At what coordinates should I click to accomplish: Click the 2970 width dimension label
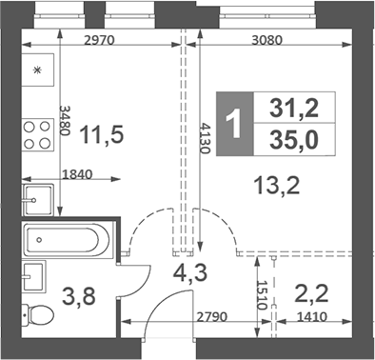tap(100, 41)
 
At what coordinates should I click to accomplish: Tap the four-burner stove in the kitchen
tap(38, 133)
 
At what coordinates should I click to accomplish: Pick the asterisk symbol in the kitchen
tap(38, 70)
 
